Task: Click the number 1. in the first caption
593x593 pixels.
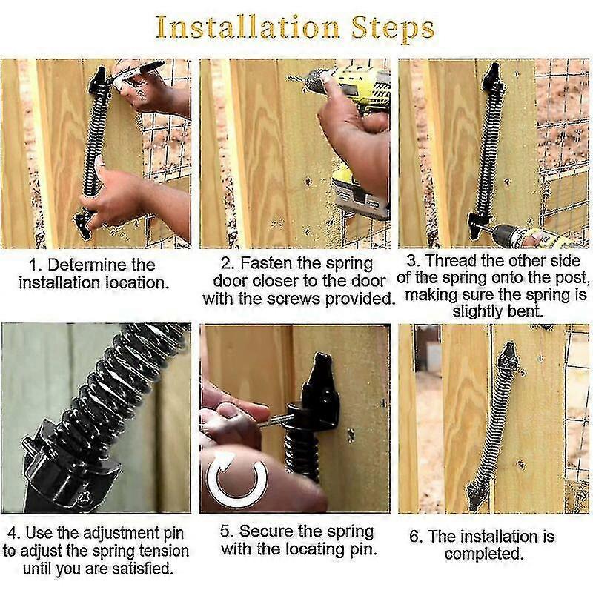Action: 34,265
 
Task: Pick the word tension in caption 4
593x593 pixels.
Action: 164,551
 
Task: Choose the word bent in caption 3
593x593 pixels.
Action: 530,311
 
